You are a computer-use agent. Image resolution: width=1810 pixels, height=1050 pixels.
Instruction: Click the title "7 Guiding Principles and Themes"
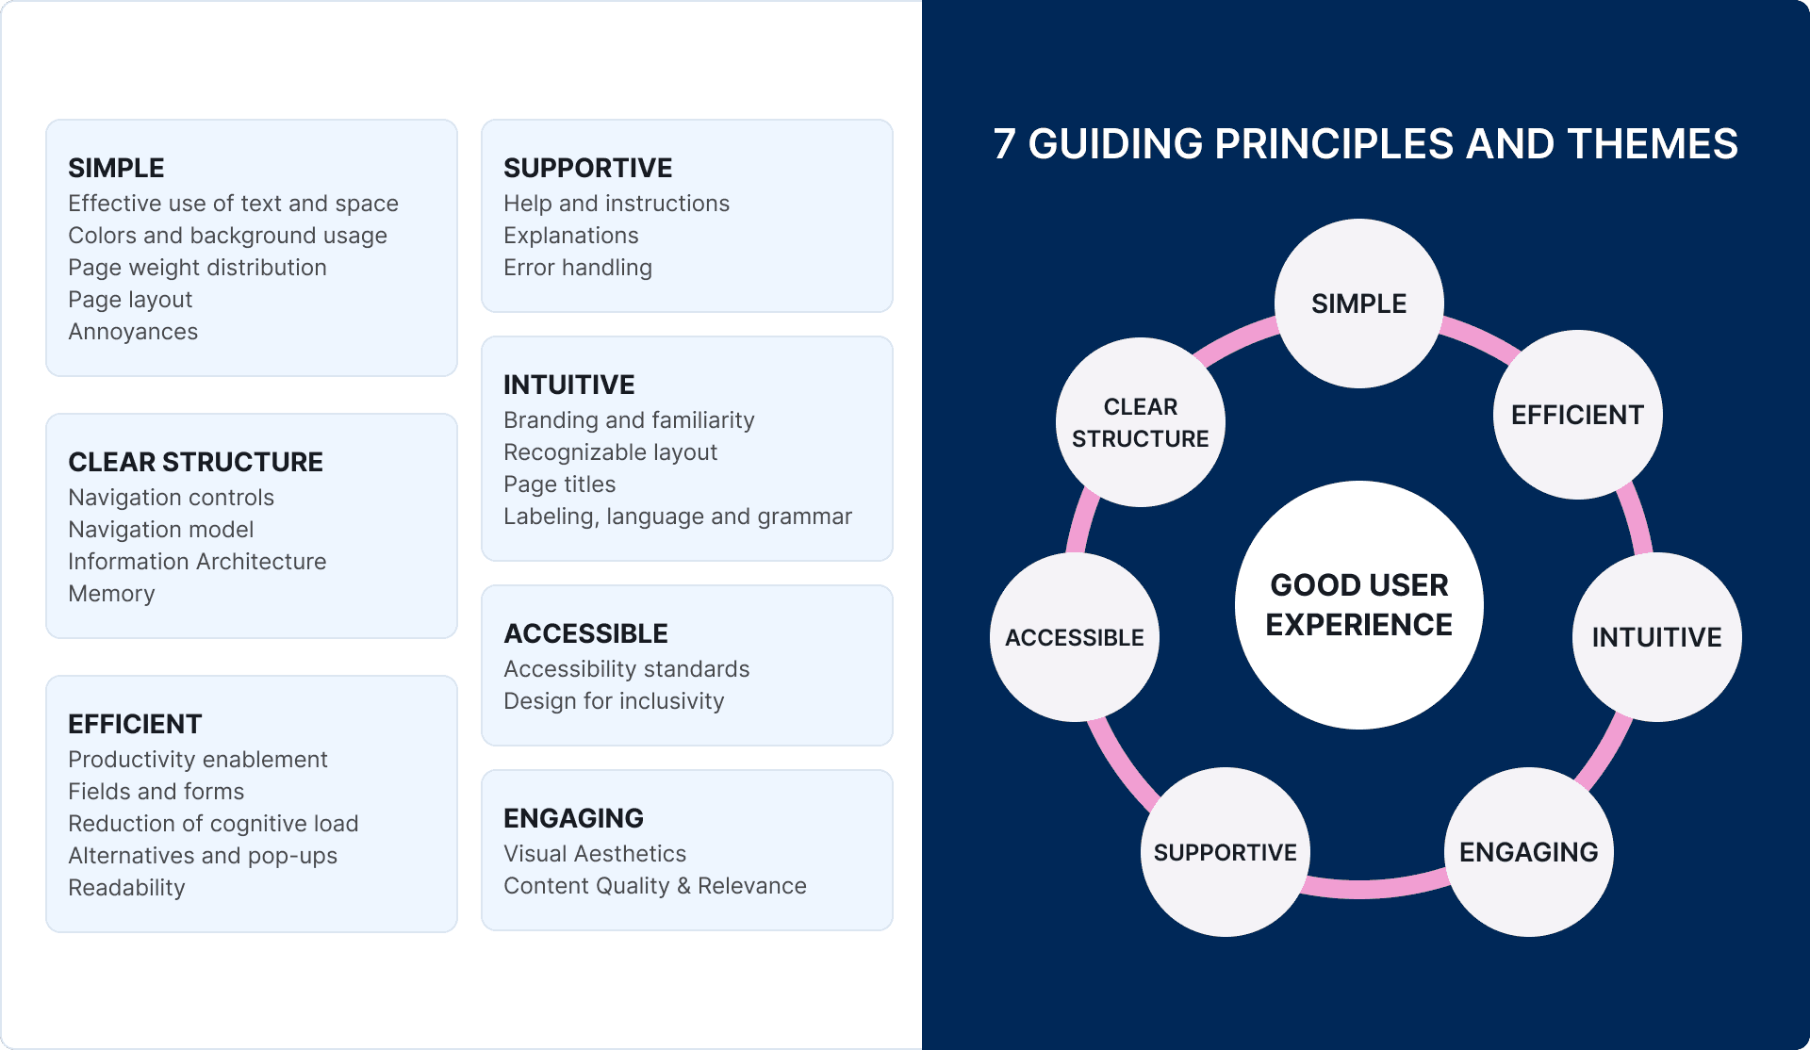click(x=1365, y=144)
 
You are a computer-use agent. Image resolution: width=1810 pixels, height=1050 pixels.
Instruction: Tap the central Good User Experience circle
click(x=1359, y=605)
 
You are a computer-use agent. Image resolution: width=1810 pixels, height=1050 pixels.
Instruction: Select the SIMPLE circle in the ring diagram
click(x=1359, y=304)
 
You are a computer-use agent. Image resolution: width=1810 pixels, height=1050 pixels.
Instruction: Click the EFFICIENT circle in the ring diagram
click(x=1578, y=415)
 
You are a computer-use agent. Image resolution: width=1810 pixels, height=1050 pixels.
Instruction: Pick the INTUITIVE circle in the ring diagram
click(x=1657, y=637)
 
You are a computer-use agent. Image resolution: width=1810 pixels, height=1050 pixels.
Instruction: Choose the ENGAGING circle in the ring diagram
click(x=1529, y=852)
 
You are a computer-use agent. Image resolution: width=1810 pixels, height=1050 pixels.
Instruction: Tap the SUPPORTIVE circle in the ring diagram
click(x=1226, y=852)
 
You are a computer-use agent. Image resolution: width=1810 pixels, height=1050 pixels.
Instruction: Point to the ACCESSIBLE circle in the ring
click(x=1075, y=637)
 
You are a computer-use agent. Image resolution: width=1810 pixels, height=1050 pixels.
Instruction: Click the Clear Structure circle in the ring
click(x=1141, y=422)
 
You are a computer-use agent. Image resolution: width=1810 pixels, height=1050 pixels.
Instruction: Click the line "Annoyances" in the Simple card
click(x=133, y=332)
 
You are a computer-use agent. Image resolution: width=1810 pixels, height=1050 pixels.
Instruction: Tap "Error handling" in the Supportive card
click(x=578, y=268)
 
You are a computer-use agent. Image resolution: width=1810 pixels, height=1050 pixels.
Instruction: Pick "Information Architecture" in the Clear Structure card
click(x=197, y=562)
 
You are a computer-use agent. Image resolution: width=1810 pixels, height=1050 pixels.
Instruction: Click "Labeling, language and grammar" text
click(x=678, y=517)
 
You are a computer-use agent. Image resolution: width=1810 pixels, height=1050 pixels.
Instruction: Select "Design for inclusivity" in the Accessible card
click(x=614, y=701)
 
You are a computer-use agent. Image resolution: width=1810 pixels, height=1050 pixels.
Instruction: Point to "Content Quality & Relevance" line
click(x=655, y=886)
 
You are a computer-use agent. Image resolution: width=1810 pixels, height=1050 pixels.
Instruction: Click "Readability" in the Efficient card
click(x=126, y=888)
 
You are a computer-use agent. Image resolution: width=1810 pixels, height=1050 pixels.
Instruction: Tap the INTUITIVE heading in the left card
click(x=569, y=385)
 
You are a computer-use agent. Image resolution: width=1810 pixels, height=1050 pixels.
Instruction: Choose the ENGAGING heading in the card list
click(x=573, y=818)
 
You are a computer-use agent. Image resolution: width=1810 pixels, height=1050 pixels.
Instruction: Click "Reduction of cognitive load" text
click(x=213, y=824)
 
